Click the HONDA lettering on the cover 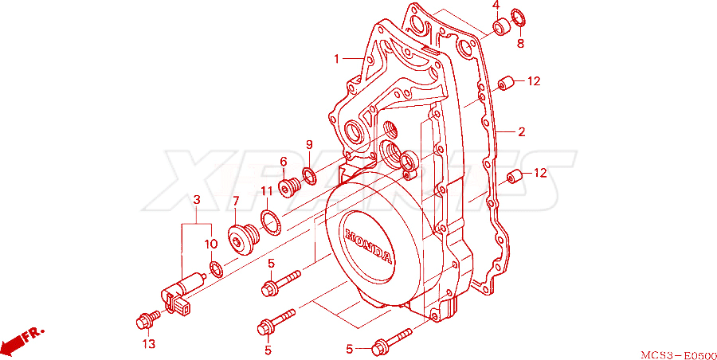(368, 245)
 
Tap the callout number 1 (336, 59)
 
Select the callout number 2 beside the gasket (521, 132)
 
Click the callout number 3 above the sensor (197, 200)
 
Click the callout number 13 (150, 343)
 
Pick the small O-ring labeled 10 (216, 269)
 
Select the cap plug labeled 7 (243, 237)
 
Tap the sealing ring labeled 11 (271, 223)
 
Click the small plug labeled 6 (288, 187)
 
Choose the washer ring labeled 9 (309, 177)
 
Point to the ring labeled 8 (519, 18)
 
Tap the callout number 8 (520, 44)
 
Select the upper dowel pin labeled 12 (505, 84)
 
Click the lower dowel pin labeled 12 (515, 176)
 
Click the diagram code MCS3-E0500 (679, 355)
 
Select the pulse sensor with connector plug (182, 293)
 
